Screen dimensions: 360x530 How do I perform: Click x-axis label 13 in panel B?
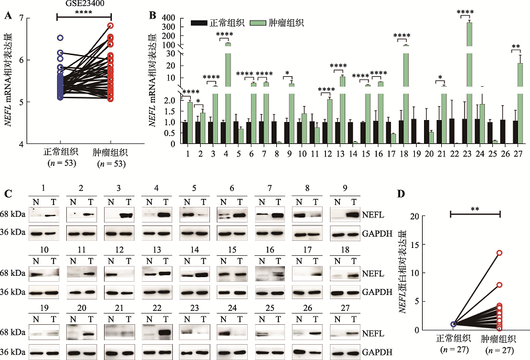(x=339, y=153)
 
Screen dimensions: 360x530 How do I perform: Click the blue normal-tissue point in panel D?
(x=453, y=324)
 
